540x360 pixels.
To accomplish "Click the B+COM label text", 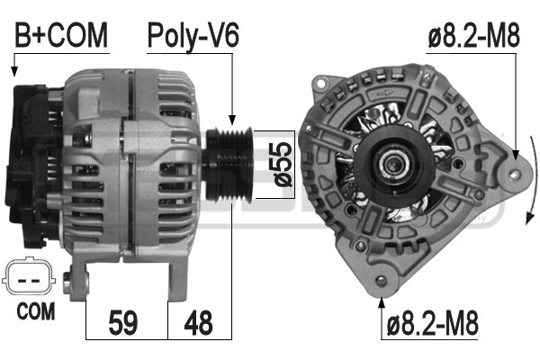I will pos(61,36).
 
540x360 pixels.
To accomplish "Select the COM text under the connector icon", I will pos(36,311).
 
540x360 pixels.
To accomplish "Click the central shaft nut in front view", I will pos(392,163).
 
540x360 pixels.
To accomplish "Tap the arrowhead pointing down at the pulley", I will pos(232,119).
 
